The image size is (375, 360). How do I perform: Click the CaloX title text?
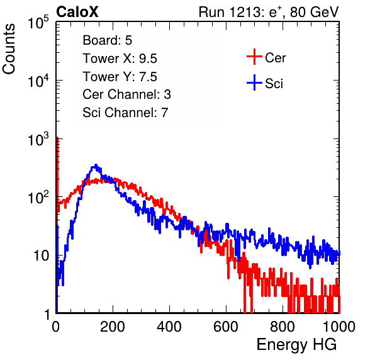(x=77, y=12)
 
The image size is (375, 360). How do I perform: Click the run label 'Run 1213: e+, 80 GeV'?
(x=269, y=12)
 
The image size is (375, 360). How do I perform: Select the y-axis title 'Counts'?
(x=9, y=49)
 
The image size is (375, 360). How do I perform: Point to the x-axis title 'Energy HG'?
(x=296, y=345)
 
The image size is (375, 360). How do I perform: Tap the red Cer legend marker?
(x=254, y=57)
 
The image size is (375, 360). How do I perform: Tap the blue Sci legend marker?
(x=254, y=83)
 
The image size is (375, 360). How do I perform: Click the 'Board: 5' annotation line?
(x=107, y=40)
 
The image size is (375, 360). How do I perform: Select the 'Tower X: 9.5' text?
(x=120, y=59)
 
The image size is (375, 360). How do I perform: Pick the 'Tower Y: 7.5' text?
(x=120, y=77)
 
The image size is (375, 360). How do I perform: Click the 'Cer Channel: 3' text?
(x=126, y=94)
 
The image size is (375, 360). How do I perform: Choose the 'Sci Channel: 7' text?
(x=125, y=113)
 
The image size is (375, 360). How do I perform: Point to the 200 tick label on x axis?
(x=113, y=327)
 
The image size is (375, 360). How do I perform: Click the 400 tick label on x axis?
(x=169, y=327)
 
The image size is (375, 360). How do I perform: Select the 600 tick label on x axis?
(x=226, y=327)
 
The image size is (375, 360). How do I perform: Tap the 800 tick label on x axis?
(x=283, y=327)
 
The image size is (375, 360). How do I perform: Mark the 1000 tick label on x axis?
(x=339, y=327)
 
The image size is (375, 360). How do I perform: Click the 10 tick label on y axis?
(x=42, y=256)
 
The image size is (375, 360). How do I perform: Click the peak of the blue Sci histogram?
(x=96, y=165)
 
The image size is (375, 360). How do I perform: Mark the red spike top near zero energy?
(x=57, y=138)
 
